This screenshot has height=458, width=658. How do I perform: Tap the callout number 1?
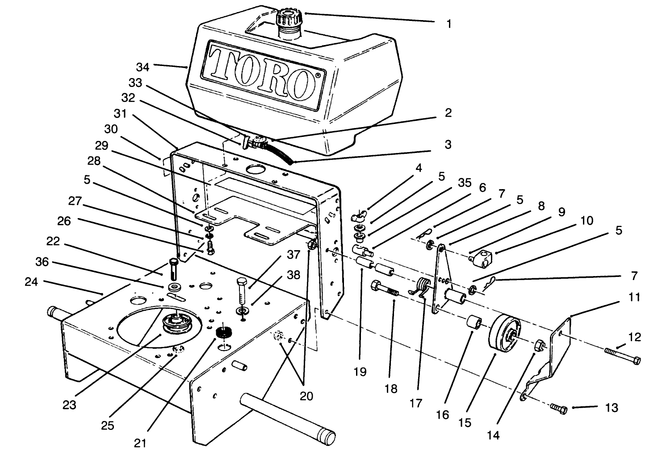pyautogui.click(x=449, y=24)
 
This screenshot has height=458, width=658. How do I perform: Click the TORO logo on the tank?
pyautogui.click(x=263, y=73)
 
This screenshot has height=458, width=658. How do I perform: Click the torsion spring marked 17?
pyautogui.click(x=423, y=286)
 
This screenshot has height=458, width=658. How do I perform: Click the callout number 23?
pyautogui.click(x=69, y=405)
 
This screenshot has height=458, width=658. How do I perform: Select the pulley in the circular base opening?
pyautogui.click(x=175, y=323)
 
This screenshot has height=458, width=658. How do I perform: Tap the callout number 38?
pyautogui.click(x=293, y=275)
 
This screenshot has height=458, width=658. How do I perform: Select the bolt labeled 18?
pyautogui.click(x=386, y=290)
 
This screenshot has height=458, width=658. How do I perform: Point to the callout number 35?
pyautogui.click(x=465, y=184)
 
